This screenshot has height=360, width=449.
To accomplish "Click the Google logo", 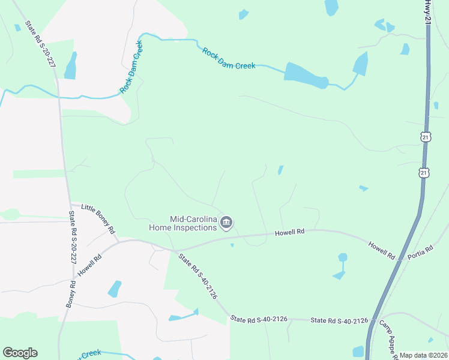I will pyautogui.click(x=20, y=353).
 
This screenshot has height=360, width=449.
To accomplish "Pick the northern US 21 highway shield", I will pyautogui.click(x=425, y=137).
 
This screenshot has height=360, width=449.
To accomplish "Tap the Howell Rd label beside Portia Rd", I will pyautogui.click(x=382, y=250).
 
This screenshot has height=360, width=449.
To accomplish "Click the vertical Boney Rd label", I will pyautogui.click(x=70, y=294).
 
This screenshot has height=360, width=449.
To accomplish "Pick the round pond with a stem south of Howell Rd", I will pyautogui.click(x=342, y=258).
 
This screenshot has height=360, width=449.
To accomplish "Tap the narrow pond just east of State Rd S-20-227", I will pyautogui.click(x=71, y=66).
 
